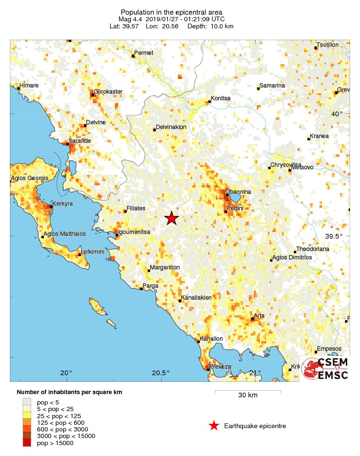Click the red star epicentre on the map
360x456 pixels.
pos(171,218)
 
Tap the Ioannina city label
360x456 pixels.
pos(239,191)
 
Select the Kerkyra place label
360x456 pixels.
pos(65,204)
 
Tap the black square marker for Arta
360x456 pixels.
pos(252,319)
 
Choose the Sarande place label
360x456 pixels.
pos(80,141)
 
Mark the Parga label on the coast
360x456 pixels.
pos(151,285)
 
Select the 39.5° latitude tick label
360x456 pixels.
pos(340,236)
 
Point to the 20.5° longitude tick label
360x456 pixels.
pos(161,372)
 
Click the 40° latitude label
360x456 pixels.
pos(337,114)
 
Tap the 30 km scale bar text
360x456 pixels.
pos(248,396)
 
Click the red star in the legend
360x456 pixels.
pos(214,426)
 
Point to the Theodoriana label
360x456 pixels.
pos(314,250)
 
